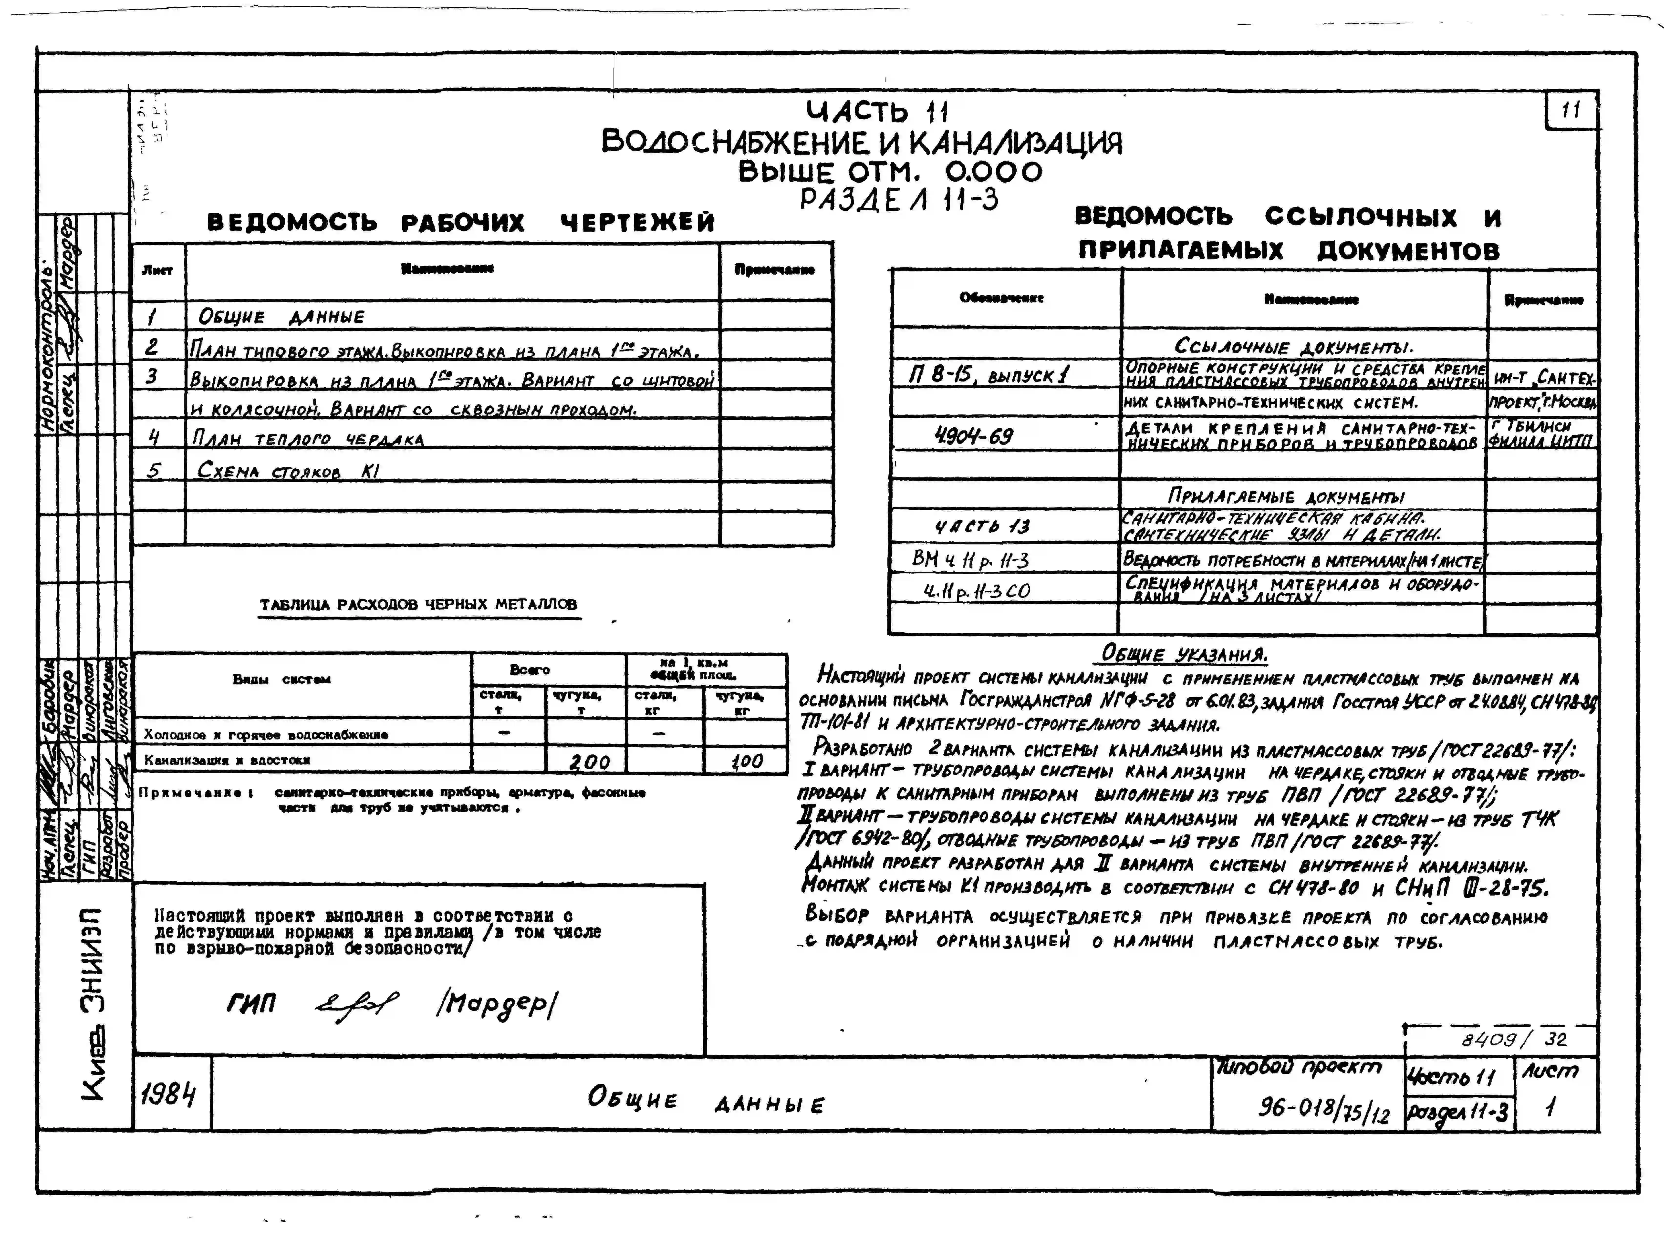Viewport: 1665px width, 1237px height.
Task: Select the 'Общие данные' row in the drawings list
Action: (281, 317)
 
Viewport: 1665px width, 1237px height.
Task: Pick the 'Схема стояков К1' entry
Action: (288, 471)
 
